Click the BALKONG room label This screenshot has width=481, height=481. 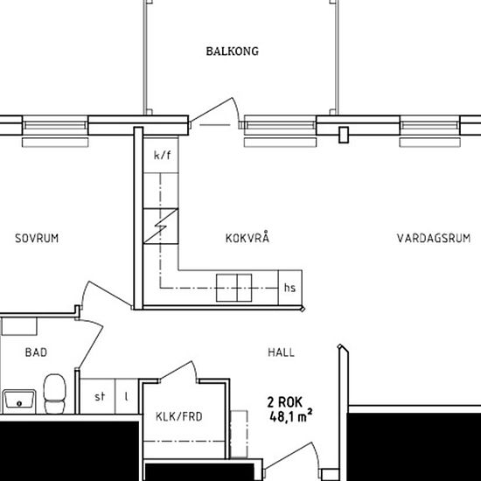pos(232,52)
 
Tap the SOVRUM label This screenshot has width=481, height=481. pos(37,238)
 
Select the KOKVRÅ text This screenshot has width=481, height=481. pos(247,238)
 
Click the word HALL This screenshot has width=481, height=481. pos(281,352)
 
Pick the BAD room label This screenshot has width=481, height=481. pos(36,352)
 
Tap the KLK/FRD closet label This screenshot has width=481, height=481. pos(178,416)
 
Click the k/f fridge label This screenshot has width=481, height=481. pos(162,157)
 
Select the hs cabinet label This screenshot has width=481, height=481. pos(289,287)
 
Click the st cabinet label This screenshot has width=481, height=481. pos(100,396)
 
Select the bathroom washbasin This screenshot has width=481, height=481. pos(18,401)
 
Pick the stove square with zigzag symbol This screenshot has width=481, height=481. pos(162,227)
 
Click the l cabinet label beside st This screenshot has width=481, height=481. pos(126,396)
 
